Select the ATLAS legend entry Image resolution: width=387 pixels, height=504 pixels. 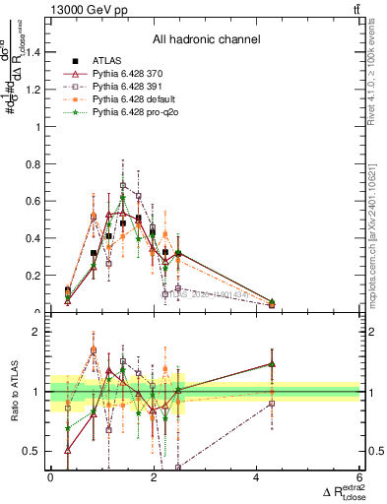(x=106, y=60)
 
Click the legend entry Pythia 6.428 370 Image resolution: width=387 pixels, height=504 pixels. (x=128, y=74)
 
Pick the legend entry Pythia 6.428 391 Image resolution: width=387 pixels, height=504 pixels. (x=128, y=87)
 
